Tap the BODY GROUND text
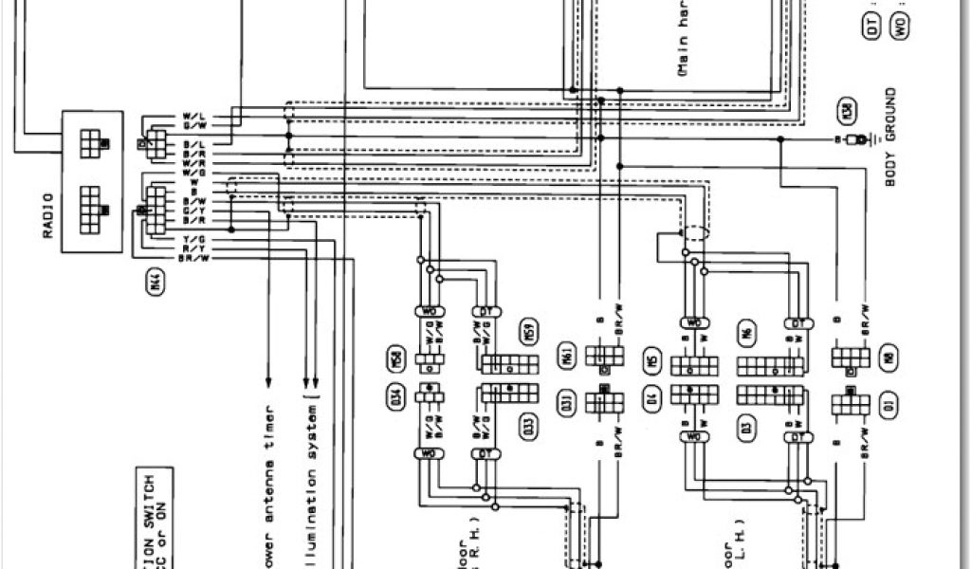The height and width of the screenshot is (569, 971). pos(890,138)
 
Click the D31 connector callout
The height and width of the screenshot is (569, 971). pos(566,402)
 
